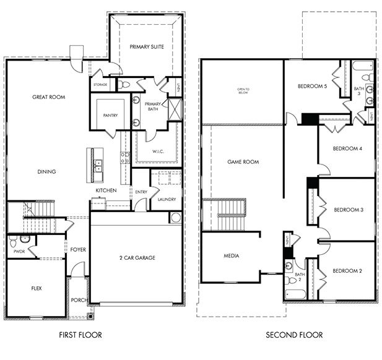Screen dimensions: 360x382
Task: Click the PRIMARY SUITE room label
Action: pyautogui.click(x=146, y=46)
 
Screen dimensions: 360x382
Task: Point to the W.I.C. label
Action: pyautogui.click(x=149, y=151)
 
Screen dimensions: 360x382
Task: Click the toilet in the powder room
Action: pyautogui.click(x=24, y=241)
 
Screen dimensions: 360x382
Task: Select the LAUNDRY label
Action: pyautogui.click(x=167, y=199)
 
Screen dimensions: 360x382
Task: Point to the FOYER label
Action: pyautogui.click(x=78, y=250)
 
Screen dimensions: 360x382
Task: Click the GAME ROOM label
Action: pyautogui.click(x=243, y=161)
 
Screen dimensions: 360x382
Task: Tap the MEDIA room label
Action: pyautogui.click(x=232, y=255)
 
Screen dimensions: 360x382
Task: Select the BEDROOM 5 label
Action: pyautogui.click(x=311, y=86)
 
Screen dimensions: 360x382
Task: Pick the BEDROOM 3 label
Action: pyautogui.click(x=348, y=210)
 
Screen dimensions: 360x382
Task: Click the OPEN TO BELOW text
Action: pyautogui.click(x=243, y=92)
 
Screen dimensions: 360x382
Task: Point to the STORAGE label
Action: pyautogui.click(x=100, y=85)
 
